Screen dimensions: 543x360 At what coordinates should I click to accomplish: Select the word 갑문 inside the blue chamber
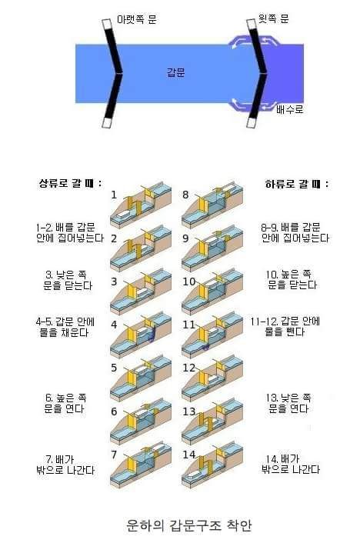[176, 72]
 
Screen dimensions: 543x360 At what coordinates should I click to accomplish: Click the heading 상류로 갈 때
[65, 184]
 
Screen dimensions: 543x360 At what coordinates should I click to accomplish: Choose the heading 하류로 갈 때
[296, 184]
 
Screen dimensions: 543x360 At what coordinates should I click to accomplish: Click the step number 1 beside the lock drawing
[113, 195]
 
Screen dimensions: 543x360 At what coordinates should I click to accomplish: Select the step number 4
[113, 324]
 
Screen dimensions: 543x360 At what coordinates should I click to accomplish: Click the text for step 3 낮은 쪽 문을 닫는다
[65, 279]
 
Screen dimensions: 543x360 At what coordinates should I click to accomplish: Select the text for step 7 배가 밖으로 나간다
[65, 464]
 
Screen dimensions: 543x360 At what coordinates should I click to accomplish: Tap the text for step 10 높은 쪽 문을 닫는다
[295, 279]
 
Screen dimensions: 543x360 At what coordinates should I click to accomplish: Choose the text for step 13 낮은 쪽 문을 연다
[295, 402]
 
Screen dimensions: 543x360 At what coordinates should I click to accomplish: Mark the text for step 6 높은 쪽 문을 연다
[65, 402]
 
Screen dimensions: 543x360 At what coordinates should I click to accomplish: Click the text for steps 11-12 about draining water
[295, 326]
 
